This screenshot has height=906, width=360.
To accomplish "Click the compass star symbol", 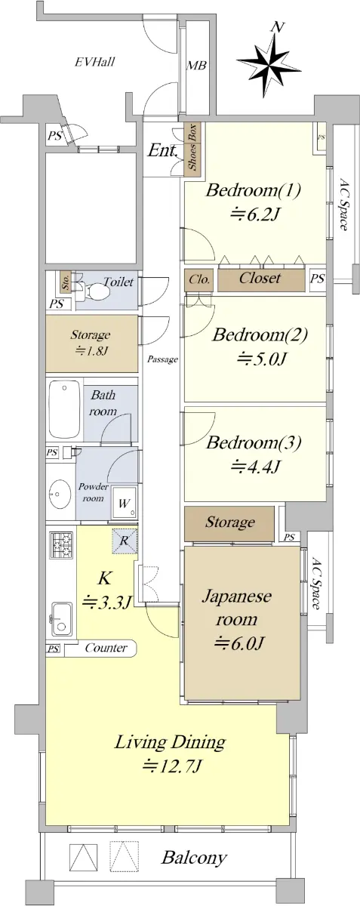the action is click(269, 65).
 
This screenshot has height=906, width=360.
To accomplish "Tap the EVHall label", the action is click(95, 62).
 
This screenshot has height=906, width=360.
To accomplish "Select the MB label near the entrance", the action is click(196, 65).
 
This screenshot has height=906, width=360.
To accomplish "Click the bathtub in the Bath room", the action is click(65, 409).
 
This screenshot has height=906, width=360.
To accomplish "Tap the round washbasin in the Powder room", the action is click(59, 493).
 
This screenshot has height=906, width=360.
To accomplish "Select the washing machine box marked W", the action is click(125, 504).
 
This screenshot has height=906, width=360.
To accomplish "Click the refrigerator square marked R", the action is click(125, 541).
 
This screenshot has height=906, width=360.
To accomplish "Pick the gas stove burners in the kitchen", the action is click(61, 545).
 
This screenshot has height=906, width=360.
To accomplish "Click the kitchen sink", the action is click(62, 619).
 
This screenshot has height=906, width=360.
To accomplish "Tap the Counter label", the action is click(106, 648).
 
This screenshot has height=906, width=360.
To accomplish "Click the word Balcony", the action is click(194, 857).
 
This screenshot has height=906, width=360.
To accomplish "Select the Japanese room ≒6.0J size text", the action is click(239, 642).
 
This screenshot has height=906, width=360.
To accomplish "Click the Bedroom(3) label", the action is click(254, 443).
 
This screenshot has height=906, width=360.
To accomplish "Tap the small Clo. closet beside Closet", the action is click(199, 280).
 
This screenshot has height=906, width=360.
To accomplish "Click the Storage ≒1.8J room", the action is click(91, 344).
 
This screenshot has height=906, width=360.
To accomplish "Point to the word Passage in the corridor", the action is click(162, 359).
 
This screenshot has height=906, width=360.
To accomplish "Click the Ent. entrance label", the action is click(162, 151).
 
